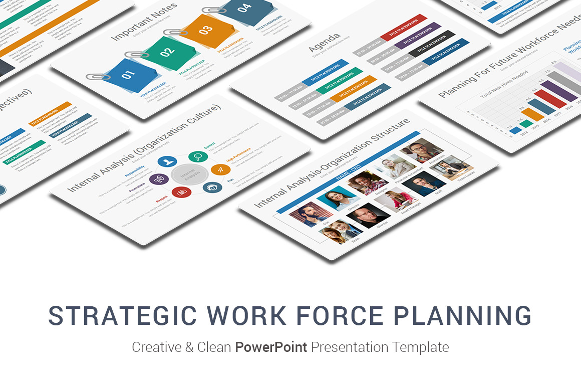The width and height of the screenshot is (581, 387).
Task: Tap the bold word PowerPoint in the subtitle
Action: [x=271, y=347]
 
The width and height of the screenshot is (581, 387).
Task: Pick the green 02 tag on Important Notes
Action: [x=167, y=52]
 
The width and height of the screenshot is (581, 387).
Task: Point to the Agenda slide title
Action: [x=325, y=42]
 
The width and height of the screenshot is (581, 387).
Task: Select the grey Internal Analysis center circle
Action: [x=190, y=174]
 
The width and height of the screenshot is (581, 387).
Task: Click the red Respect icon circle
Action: [x=180, y=191]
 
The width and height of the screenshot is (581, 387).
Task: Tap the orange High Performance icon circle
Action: [x=220, y=169]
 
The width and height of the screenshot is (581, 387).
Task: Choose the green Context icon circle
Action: [x=198, y=156]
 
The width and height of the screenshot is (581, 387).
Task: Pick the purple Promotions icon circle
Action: [x=159, y=178]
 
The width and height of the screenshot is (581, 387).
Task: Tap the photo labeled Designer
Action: [x=368, y=182]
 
